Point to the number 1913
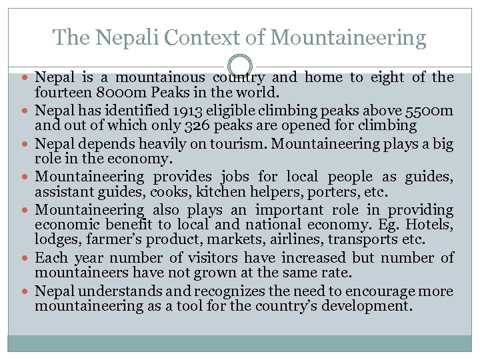190,110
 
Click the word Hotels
430,225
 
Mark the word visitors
211,257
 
